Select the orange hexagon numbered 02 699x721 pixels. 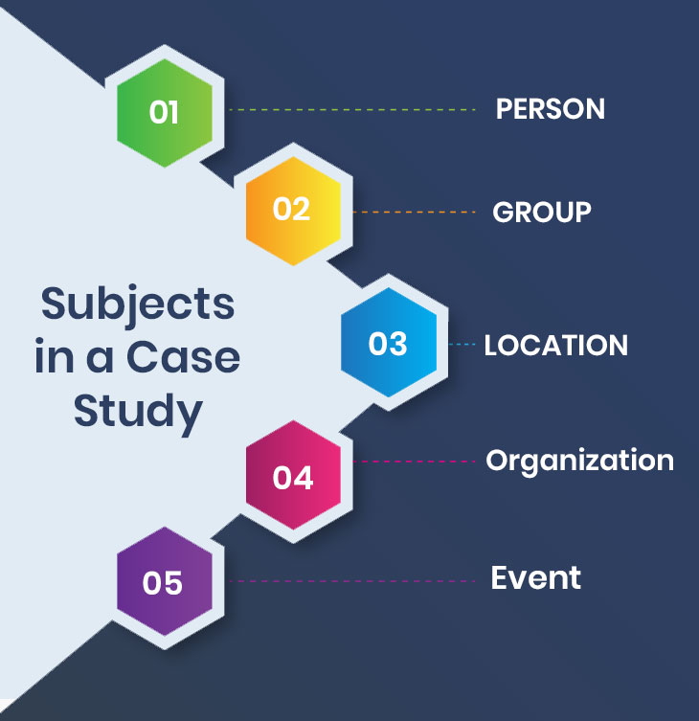292,210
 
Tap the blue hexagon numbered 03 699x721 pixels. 388,343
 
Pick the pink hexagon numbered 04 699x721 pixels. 293,477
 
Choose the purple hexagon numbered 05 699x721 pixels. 163,582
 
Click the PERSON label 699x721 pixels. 550,109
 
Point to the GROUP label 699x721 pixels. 541,212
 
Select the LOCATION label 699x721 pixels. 555,345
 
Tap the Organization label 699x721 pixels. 579,461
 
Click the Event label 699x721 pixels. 535,578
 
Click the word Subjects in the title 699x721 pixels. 138,305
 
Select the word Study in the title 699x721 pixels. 138,412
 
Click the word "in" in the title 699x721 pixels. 54,358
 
